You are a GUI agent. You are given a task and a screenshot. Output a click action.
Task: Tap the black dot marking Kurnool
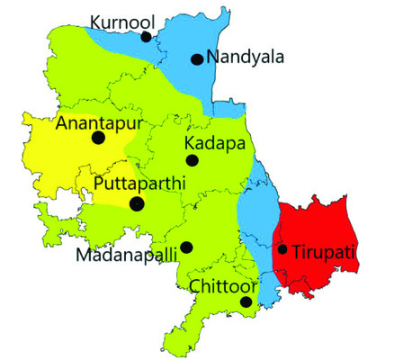(x=146, y=37)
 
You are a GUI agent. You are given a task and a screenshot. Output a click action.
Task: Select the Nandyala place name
(x=245, y=57)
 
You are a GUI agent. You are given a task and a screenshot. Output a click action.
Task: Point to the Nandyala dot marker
(x=196, y=59)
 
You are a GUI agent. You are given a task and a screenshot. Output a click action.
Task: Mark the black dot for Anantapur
(x=97, y=138)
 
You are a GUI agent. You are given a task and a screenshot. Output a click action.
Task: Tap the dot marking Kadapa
(x=192, y=160)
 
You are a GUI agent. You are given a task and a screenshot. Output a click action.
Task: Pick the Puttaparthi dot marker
(x=137, y=204)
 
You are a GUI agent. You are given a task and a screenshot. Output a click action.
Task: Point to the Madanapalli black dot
(x=186, y=247)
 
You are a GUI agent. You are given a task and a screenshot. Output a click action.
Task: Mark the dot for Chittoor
(x=246, y=302)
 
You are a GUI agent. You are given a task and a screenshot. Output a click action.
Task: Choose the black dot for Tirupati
(x=282, y=249)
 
